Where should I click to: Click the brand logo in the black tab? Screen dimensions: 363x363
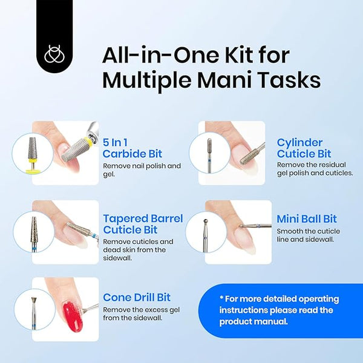pyautogui.click(x=55, y=54)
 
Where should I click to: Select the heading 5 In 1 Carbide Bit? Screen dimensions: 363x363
pyautogui.click(x=132, y=148)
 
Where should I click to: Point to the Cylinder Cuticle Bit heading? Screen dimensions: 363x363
pyautogui.click(x=304, y=148)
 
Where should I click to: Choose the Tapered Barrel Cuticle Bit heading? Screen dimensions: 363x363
pyautogui.click(x=143, y=224)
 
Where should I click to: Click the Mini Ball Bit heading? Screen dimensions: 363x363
pyautogui.click(x=307, y=219)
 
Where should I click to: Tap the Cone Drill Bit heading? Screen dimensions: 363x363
pyautogui.click(x=137, y=298)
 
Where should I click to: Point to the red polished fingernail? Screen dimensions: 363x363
pyautogui.click(x=73, y=316)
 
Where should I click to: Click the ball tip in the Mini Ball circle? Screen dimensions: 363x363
pyautogui.click(x=205, y=221)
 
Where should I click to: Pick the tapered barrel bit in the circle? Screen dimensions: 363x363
pyautogui.click(x=34, y=234)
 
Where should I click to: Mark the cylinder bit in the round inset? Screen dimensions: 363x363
pyautogui.click(x=209, y=155)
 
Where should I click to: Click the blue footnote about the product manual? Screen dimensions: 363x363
pyautogui.click(x=279, y=310)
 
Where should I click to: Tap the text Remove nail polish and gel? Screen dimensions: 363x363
pyautogui.click(x=142, y=170)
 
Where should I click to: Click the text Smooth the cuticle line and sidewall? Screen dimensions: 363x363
pyautogui.click(x=308, y=235)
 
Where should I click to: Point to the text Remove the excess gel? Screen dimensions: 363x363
pyautogui.click(x=141, y=310)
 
